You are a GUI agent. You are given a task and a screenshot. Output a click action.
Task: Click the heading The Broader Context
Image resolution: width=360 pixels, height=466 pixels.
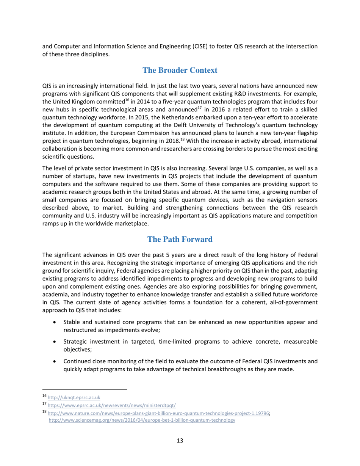click(180, 70)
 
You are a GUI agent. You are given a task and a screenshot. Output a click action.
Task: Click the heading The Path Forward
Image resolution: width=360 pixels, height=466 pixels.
click(180, 239)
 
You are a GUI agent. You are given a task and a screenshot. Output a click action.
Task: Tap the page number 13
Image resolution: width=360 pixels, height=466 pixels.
click(180, 441)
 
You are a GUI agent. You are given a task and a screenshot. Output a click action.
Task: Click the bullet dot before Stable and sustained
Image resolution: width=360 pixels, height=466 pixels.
click(56, 322)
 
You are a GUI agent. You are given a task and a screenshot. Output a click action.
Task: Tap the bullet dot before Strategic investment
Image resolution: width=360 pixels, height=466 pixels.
click(56, 342)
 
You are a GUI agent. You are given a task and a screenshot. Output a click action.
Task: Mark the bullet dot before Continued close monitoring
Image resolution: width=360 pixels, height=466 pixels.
click(56, 361)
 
